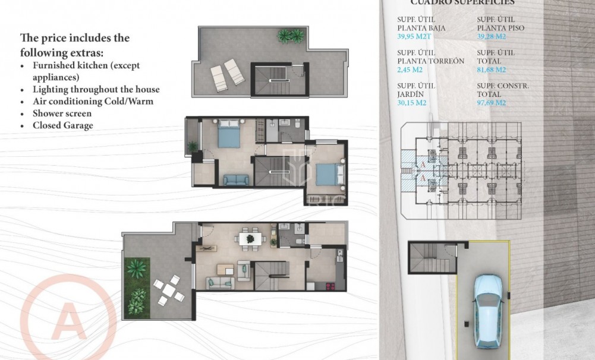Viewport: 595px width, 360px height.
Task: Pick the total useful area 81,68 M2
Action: click(492, 70)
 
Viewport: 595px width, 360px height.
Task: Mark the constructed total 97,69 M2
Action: click(492, 102)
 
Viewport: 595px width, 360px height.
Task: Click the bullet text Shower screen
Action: click(62, 113)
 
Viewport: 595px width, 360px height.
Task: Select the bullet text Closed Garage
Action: click(62, 125)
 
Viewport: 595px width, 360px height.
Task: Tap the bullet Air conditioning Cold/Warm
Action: click(93, 102)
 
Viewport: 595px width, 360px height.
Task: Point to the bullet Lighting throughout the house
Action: click(96, 90)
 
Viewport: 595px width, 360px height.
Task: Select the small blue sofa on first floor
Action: click(235, 179)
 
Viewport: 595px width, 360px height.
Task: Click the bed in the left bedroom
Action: click(229, 135)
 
